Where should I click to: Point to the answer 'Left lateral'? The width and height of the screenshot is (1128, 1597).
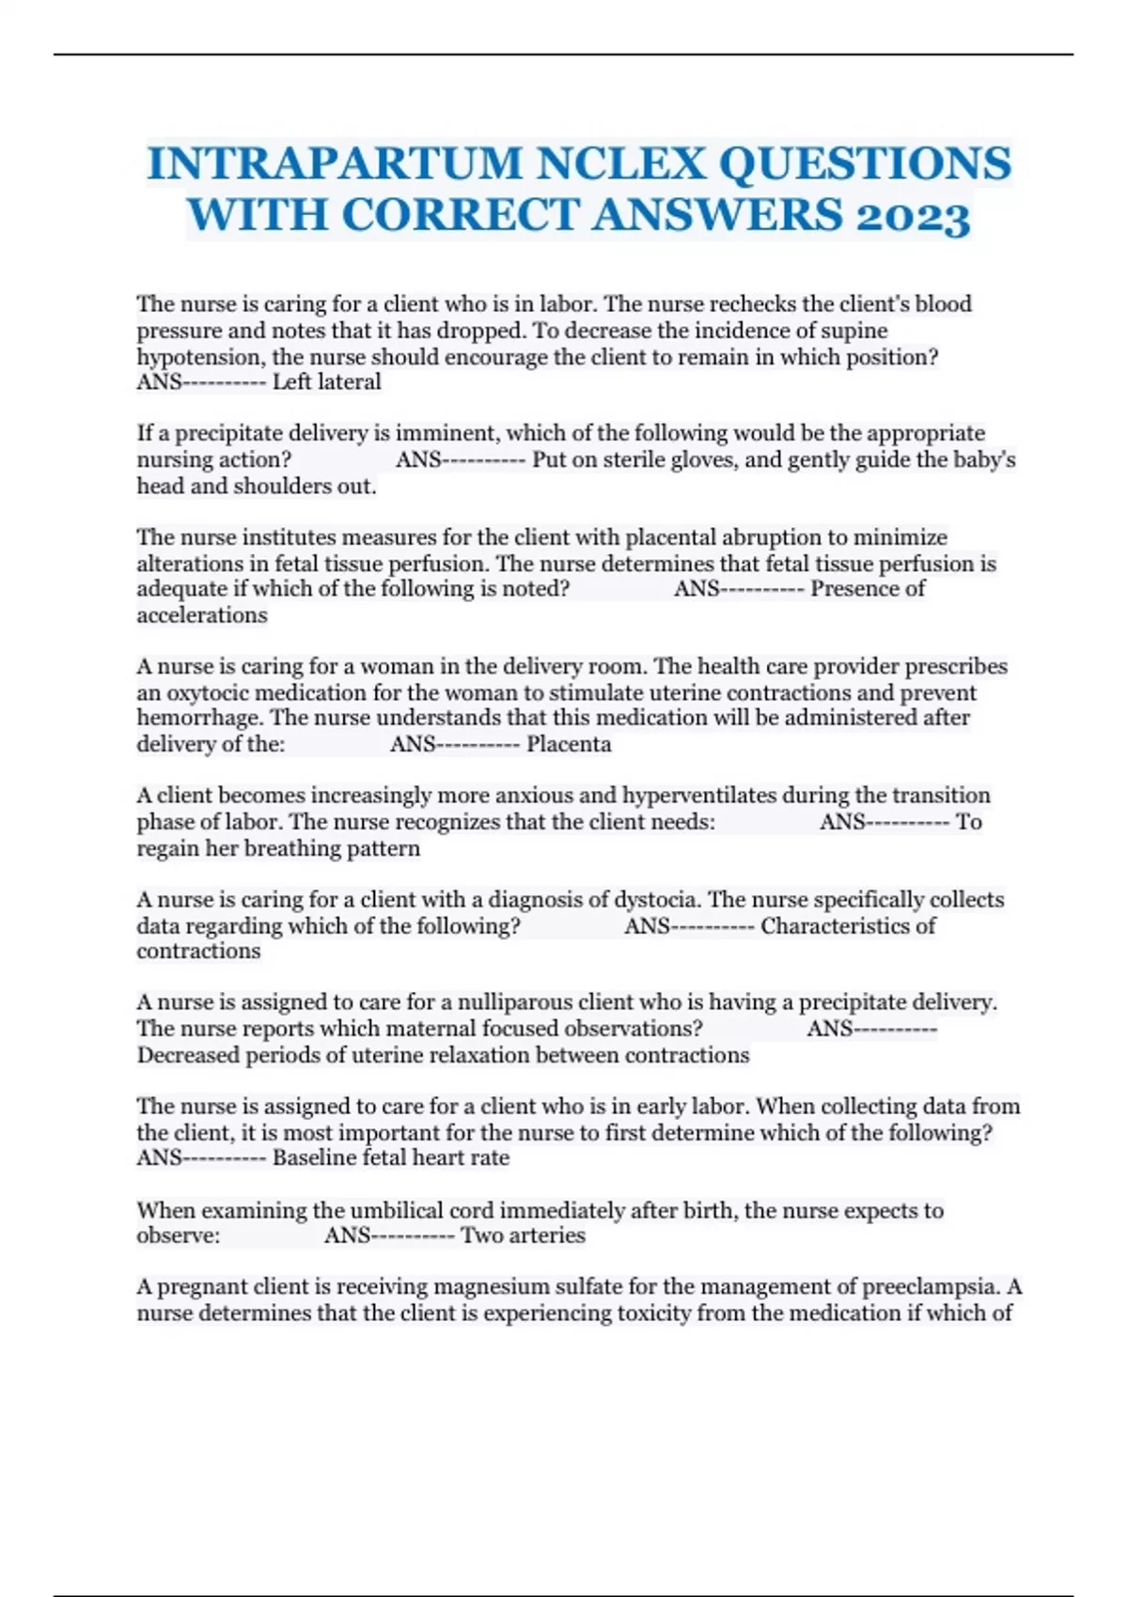(x=326, y=382)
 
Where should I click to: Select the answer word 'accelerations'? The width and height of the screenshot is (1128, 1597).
(x=202, y=616)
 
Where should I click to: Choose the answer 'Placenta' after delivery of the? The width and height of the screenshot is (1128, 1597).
(x=569, y=745)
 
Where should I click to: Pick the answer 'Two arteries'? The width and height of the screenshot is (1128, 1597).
(x=523, y=1236)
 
